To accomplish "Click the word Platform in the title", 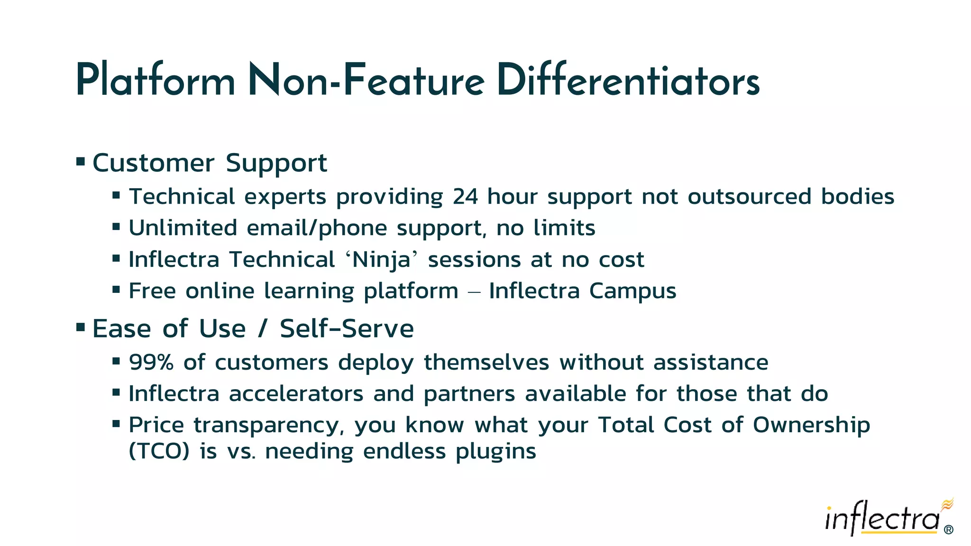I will pyautogui.click(x=155, y=81).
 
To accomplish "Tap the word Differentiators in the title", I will pyautogui.click(x=628, y=81).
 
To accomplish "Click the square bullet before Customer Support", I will pyautogui.click(x=81, y=162).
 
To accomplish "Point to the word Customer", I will pyautogui.click(x=153, y=164).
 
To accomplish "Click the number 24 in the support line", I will pyautogui.click(x=465, y=197).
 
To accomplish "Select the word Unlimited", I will pyautogui.click(x=183, y=228).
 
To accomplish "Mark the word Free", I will pyautogui.click(x=152, y=291).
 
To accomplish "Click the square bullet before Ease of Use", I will pyautogui.click(x=81, y=327).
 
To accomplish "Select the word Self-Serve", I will pyautogui.click(x=347, y=328).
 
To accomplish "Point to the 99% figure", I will pyautogui.click(x=151, y=363).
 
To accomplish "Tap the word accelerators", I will pyautogui.click(x=296, y=394).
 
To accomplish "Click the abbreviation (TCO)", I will pyautogui.click(x=159, y=451).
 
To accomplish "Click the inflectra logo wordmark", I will pyautogui.click(x=882, y=519).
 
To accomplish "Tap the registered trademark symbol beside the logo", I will pyautogui.click(x=948, y=530).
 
